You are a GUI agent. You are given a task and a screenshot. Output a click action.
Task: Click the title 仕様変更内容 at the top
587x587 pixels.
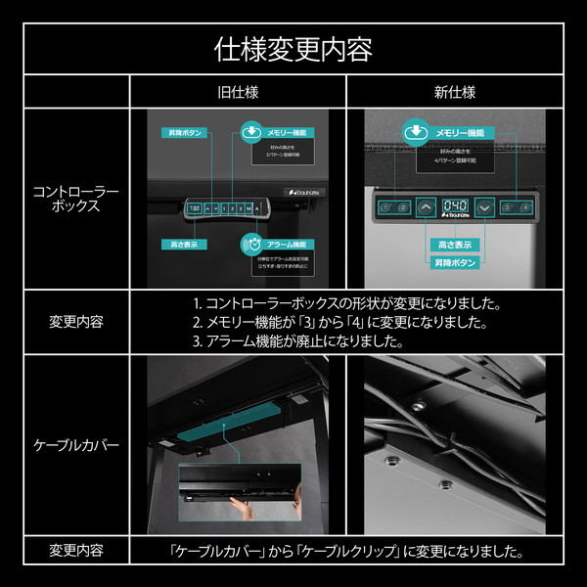click(x=293, y=49)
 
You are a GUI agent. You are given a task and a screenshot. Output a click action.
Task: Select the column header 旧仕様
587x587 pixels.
click(x=238, y=93)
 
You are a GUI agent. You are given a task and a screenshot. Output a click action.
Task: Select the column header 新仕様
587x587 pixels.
click(x=455, y=93)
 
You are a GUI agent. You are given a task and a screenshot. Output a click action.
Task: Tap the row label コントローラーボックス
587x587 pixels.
click(x=76, y=199)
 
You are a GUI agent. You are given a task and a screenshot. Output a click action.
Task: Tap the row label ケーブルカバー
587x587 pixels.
click(x=76, y=445)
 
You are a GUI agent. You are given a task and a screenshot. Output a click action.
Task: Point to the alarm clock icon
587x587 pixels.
click(x=251, y=244)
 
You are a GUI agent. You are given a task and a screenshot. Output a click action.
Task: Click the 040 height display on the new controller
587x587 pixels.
click(x=455, y=207)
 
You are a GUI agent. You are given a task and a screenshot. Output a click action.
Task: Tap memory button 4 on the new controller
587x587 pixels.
click(x=525, y=207)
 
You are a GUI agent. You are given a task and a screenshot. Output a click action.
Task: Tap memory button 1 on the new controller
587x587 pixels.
click(x=384, y=207)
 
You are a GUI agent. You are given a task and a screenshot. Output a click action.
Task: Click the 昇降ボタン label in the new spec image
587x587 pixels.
click(x=455, y=262)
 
